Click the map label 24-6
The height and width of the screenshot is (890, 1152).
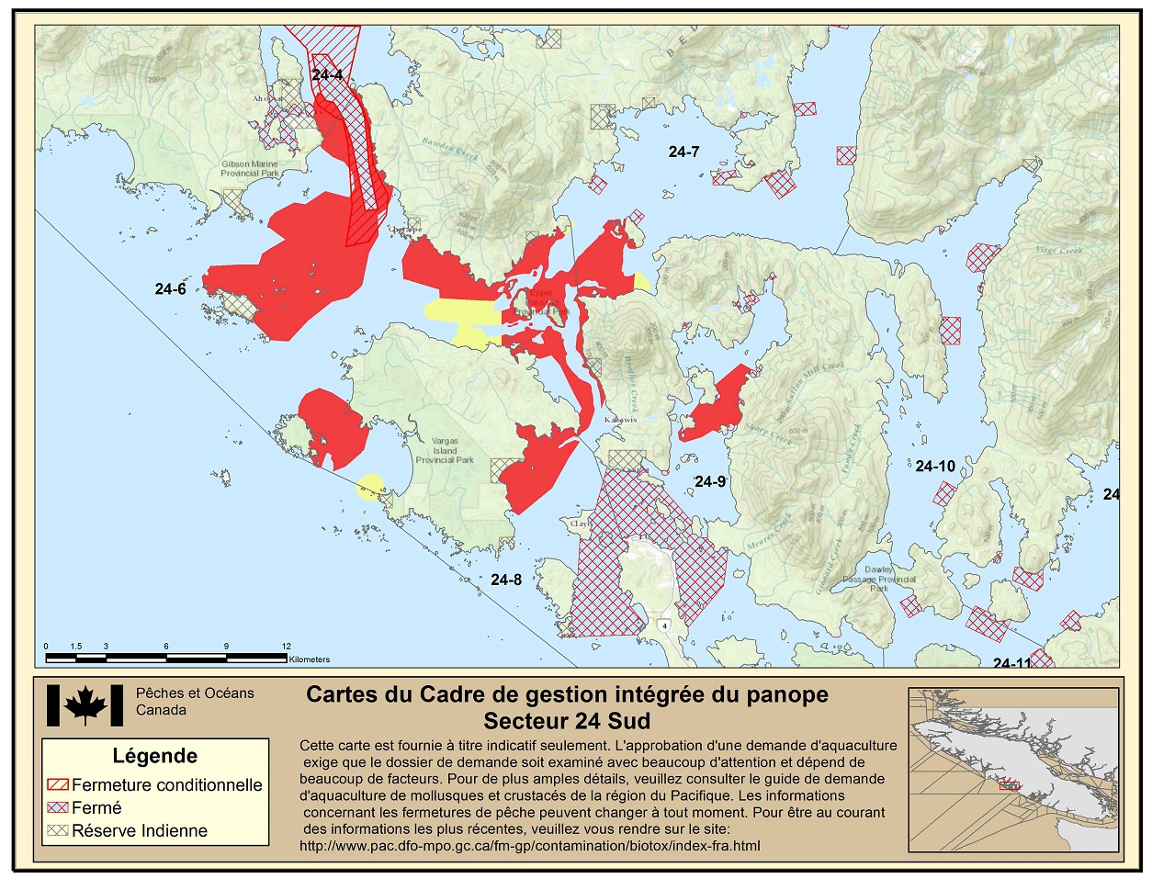point(170,289)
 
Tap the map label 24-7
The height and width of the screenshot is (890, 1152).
point(683,152)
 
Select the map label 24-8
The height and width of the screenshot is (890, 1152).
point(506,580)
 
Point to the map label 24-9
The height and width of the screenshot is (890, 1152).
point(710,481)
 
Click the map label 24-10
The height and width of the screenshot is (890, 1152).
point(935,467)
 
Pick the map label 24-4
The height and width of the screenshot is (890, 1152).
point(327,75)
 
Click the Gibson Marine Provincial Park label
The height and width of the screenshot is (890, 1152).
point(249,169)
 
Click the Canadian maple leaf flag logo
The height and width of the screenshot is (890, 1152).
point(85,705)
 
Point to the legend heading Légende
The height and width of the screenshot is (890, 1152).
point(155,756)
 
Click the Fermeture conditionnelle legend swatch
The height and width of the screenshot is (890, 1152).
point(58,785)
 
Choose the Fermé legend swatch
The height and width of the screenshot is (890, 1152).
point(58,808)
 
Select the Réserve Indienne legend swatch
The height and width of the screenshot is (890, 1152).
point(58,830)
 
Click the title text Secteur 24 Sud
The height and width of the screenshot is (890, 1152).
point(567,720)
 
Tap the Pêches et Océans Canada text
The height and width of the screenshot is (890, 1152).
point(194,702)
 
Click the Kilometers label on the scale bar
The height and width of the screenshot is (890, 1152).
point(310,659)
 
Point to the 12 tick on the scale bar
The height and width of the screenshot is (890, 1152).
point(287,647)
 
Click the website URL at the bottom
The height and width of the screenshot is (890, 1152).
point(529,846)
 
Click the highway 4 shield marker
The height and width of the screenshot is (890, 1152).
point(663,625)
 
